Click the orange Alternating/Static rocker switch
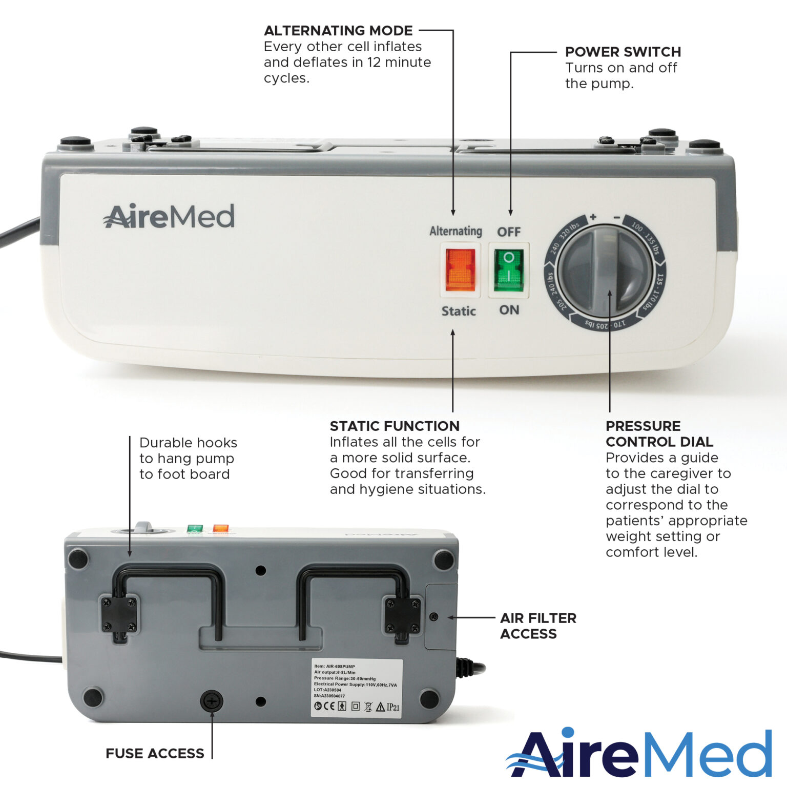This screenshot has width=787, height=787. (x=460, y=270)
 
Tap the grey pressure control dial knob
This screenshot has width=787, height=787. (x=605, y=271)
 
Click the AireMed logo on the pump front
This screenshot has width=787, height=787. (x=169, y=216)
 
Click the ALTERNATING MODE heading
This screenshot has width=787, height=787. (x=338, y=31)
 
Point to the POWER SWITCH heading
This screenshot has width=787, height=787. (x=623, y=52)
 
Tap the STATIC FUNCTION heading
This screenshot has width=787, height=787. (x=395, y=426)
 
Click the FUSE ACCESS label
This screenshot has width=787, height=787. (x=155, y=753)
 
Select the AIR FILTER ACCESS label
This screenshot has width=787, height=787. (x=538, y=626)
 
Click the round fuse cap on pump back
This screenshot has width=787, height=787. (x=212, y=700)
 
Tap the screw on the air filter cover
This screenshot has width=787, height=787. (x=434, y=617)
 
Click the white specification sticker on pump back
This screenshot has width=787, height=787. (x=357, y=688)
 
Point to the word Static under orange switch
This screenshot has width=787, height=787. (x=459, y=311)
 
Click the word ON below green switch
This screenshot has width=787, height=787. (x=509, y=310)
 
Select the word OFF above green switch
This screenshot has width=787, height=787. (x=509, y=232)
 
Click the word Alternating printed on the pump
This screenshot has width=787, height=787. (x=455, y=231)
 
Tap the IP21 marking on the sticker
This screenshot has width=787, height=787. (x=393, y=707)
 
